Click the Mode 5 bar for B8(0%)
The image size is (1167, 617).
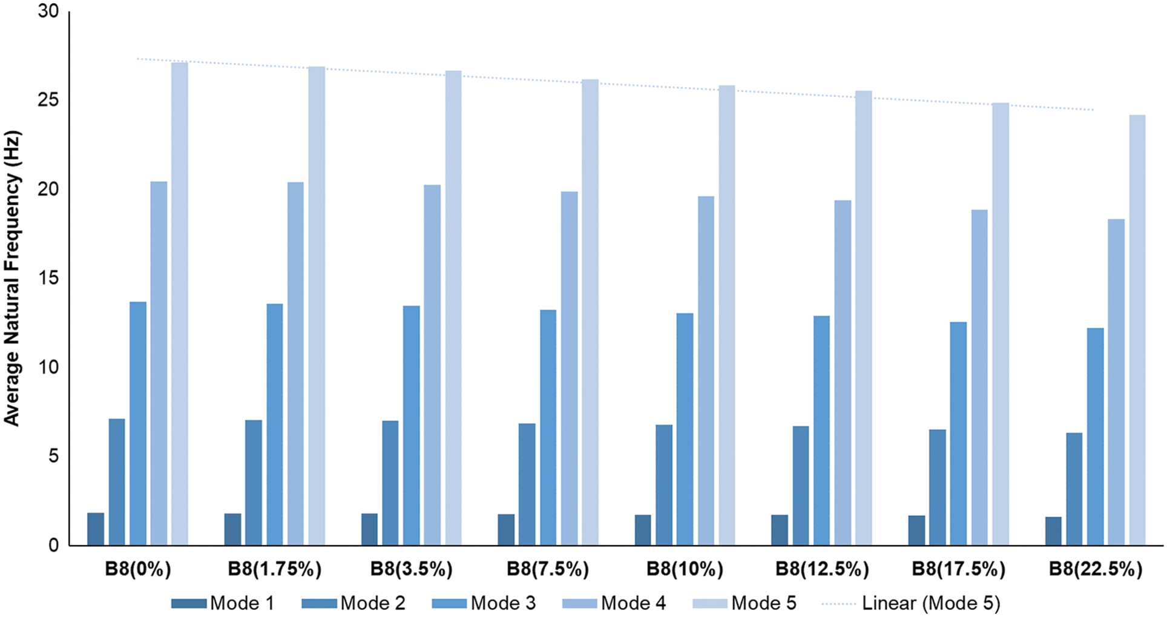[180, 303]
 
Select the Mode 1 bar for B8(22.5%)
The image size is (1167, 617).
[1053, 531]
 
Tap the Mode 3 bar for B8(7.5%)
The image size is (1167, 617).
[548, 427]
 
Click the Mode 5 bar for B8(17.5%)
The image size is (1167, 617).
[1001, 324]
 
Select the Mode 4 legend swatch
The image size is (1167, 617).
[580, 603]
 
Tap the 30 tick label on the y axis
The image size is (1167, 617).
[48, 11]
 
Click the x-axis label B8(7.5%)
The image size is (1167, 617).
[548, 569]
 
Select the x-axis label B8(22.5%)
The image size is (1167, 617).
[1096, 569]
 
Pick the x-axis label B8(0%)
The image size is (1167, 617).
[138, 569]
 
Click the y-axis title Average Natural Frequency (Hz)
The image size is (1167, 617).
[12, 278]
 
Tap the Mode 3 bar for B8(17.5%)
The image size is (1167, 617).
[958, 434]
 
